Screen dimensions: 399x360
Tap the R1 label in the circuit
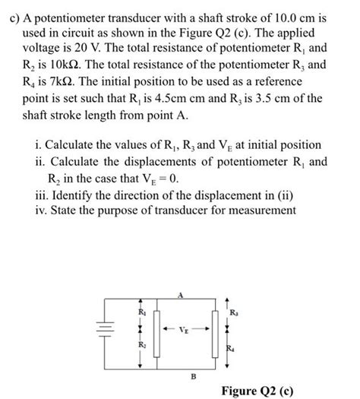(140, 311)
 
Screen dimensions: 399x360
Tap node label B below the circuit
(179, 375)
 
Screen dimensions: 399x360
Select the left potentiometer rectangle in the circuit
(156, 332)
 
